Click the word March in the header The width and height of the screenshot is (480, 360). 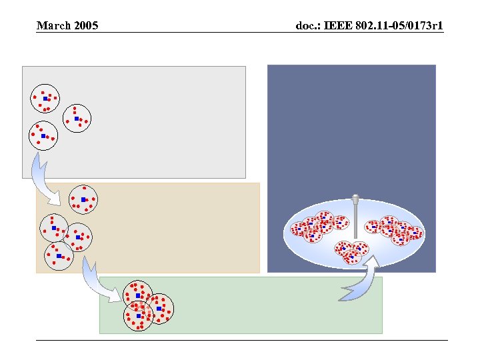pos(52,26)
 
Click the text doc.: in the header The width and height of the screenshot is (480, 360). pos(311,26)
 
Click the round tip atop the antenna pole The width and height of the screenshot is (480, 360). pos(356,198)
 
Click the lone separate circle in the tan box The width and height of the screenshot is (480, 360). pos(83,199)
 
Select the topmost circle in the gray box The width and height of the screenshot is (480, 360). pos(45,98)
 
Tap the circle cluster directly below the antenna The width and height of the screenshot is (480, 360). pos(351,251)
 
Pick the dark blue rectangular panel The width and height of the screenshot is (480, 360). pos(351,133)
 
